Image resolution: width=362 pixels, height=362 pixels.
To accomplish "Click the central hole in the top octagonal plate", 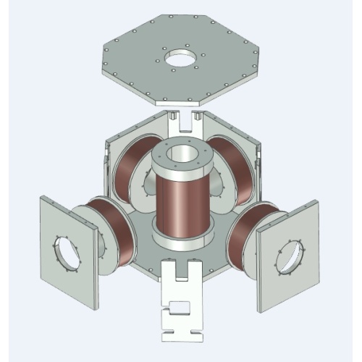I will [180, 57].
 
